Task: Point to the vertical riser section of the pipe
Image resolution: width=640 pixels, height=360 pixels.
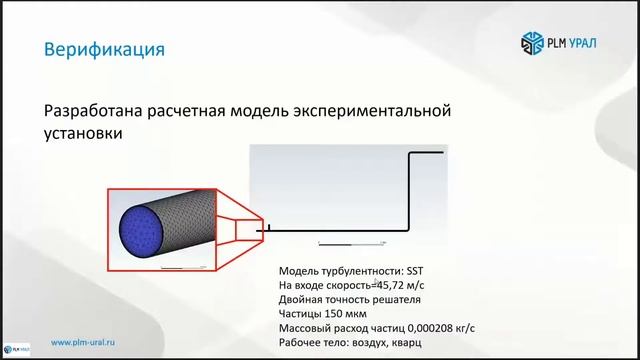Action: tap(409, 190)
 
